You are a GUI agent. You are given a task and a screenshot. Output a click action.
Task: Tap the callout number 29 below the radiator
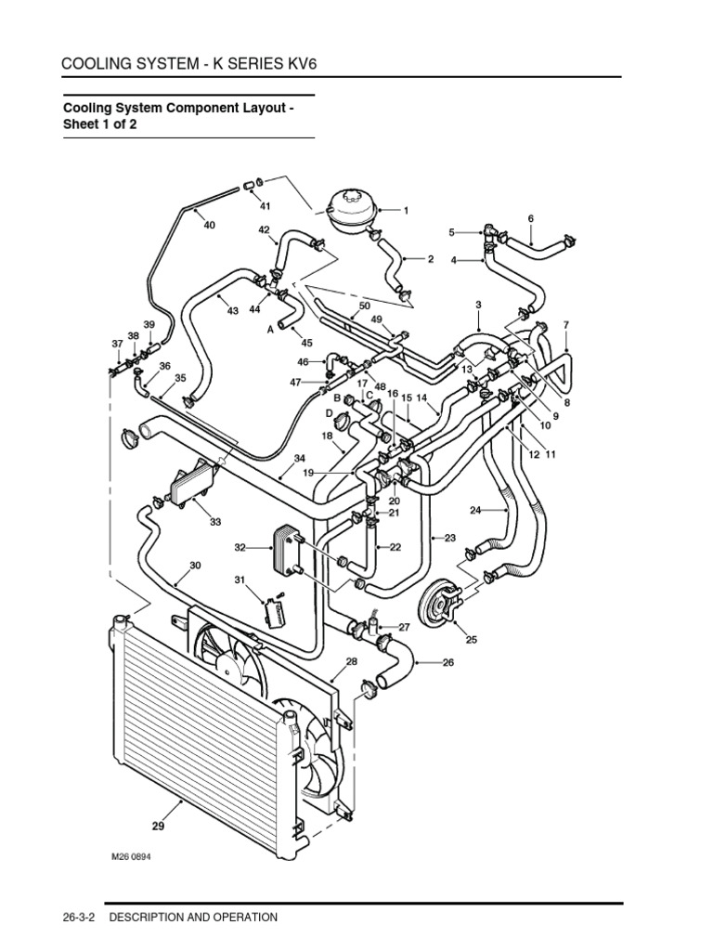[x=159, y=823]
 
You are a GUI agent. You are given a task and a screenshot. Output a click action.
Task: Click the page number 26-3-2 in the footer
[x=79, y=918]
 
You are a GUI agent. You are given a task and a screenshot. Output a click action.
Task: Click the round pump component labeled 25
[x=442, y=606]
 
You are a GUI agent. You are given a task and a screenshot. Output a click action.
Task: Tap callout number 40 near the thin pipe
[x=209, y=225]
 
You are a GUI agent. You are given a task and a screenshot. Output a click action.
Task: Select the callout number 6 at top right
[x=531, y=218]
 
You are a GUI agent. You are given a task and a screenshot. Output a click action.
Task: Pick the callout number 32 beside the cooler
[x=240, y=547]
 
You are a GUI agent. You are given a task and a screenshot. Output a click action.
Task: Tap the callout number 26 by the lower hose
[x=448, y=662]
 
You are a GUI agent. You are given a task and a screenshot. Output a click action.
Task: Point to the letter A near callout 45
[x=270, y=328]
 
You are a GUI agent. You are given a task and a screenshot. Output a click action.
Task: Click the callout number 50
[x=364, y=306]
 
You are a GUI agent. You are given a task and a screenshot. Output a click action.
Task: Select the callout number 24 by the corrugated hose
[x=475, y=510]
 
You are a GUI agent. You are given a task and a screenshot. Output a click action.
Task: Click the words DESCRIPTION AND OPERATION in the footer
[x=193, y=918]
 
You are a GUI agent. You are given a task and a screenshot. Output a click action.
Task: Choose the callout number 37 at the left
[x=118, y=344]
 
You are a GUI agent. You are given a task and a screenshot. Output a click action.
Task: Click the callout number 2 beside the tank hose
[x=431, y=260]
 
